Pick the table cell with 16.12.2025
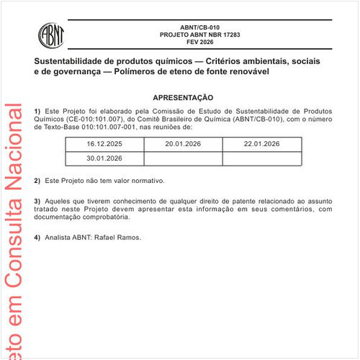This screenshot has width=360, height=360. (105, 144)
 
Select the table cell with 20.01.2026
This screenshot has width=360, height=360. (183, 144)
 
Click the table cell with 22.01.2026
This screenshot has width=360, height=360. (261, 144)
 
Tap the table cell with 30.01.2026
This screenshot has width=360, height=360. (105, 158)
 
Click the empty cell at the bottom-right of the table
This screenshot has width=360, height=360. (261, 158)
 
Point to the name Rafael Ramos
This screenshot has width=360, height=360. (122, 237)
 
